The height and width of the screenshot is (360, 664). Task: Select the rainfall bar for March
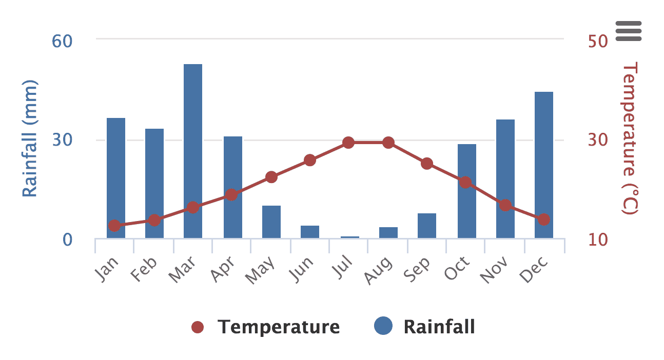193,151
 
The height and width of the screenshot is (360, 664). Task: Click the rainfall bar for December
544,165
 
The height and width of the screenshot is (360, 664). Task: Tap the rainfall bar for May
271,222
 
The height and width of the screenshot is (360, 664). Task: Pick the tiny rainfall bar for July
350,237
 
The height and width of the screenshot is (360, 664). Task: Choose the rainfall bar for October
467,191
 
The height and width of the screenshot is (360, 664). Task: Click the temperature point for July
348,143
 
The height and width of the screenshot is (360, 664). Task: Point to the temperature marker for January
114,226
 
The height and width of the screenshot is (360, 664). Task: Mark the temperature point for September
427,164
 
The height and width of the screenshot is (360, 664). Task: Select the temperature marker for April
231,195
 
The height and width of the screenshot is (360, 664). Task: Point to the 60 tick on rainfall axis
62,41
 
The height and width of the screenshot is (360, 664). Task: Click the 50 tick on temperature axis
597,41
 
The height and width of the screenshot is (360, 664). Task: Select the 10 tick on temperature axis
597,239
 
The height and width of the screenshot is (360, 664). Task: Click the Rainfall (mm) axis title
30,138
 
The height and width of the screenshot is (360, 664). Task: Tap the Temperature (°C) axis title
630,138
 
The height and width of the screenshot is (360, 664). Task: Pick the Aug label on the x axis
379,270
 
